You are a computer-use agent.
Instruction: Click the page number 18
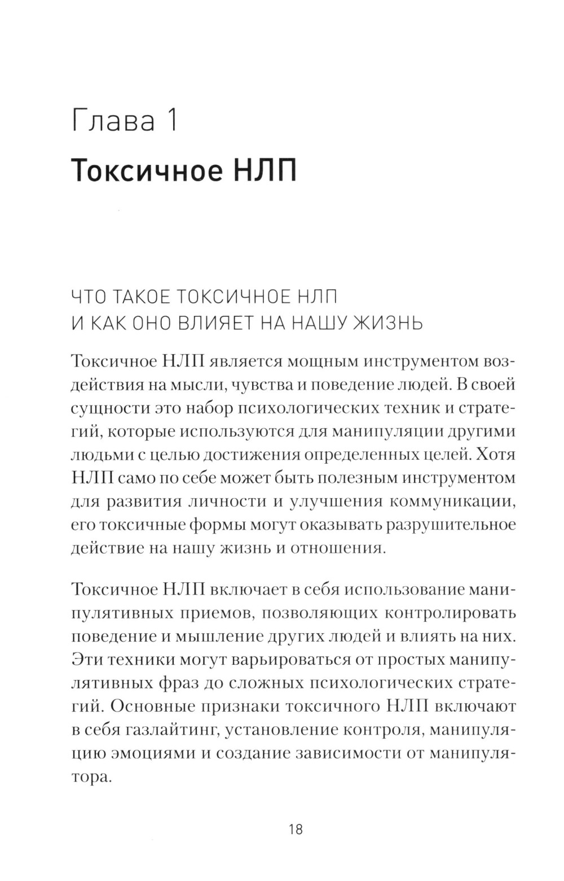(x=296, y=829)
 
